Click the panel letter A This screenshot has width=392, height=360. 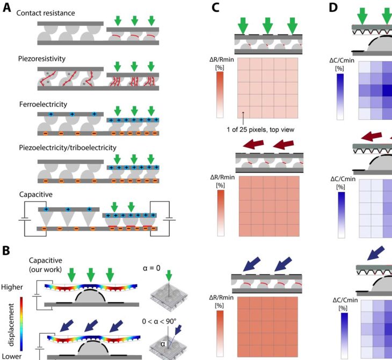pos(7,8)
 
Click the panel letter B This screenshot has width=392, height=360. pos(6,251)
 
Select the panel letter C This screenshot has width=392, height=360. pos(215,8)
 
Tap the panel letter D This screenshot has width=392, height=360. pos(333,8)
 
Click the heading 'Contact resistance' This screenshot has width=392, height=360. pos(46,13)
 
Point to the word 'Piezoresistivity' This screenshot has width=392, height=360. pos(42,59)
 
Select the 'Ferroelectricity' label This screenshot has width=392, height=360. pos(43,104)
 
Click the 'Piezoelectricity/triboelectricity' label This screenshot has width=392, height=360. pos(68,148)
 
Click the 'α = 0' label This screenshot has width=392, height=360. pos(151,268)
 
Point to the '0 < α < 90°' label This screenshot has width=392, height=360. pos(159,321)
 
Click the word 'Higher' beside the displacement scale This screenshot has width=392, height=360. pos(12,287)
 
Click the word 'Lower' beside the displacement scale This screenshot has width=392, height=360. pos(11,356)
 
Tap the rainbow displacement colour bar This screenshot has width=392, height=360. pos(21,324)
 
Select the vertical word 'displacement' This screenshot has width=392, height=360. pos(11,325)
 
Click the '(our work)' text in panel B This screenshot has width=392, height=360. pos(45,269)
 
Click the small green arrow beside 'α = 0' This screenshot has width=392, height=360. pos(169,276)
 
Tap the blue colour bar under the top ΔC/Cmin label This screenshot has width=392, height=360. pos(340,97)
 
